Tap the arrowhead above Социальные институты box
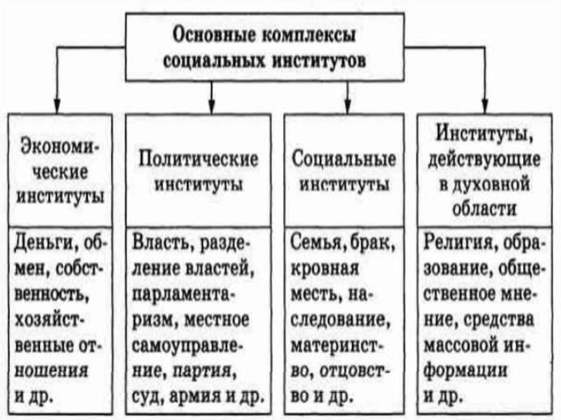coord(347,106)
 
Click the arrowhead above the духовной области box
coord(484,106)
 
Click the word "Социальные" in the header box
coord(344,159)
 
